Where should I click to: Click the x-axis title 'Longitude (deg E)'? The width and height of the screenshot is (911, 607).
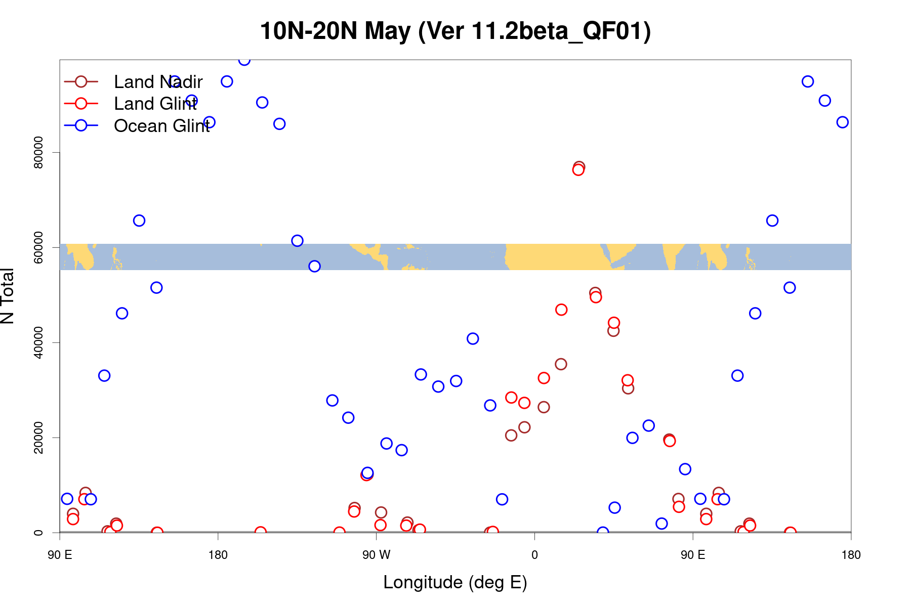tap(455, 582)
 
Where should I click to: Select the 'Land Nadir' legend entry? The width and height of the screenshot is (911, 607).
tap(158, 82)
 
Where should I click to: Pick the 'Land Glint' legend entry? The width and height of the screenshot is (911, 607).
tap(155, 104)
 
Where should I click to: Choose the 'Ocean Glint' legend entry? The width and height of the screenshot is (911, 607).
tap(161, 126)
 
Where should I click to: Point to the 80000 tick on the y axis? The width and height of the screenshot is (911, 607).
tap(38, 152)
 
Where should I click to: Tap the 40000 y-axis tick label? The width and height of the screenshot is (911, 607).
tap(38, 342)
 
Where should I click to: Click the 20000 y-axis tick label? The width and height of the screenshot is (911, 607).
tap(38, 438)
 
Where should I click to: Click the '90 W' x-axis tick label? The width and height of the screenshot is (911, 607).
tap(376, 555)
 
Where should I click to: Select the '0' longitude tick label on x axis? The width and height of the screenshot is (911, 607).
tap(534, 555)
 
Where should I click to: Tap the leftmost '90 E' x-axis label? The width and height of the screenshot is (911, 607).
tap(60, 555)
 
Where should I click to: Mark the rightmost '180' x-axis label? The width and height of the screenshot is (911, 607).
tap(851, 555)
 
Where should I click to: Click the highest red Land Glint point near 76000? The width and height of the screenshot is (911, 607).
tap(578, 170)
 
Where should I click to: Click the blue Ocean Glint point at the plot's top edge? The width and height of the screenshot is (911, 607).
tap(244, 60)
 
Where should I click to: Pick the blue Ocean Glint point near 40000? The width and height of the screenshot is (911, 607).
tap(473, 338)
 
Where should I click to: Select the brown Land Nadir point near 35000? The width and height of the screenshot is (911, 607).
tap(561, 364)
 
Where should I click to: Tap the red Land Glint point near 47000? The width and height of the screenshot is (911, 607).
tap(561, 310)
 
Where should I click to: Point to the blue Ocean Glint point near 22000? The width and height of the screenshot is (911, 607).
tap(648, 425)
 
